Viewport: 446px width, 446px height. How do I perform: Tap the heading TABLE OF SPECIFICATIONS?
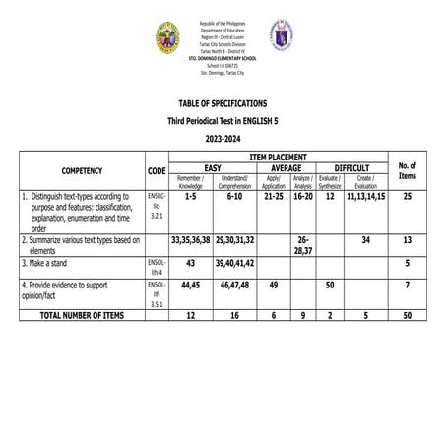pyautogui.click(x=222, y=103)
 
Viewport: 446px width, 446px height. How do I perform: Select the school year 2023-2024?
pyautogui.click(x=222, y=139)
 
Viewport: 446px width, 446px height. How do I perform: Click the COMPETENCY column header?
pyautogui.click(x=81, y=170)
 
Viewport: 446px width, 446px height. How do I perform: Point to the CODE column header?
pyautogui.click(x=157, y=170)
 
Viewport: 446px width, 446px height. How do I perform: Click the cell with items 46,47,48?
pyautogui.click(x=235, y=285)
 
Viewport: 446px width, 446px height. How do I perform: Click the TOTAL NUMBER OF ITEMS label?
pyautogui.click(x=82, y=314)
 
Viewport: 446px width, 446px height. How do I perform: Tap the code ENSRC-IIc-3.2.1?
pyautogui.click(x=157, y=209)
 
